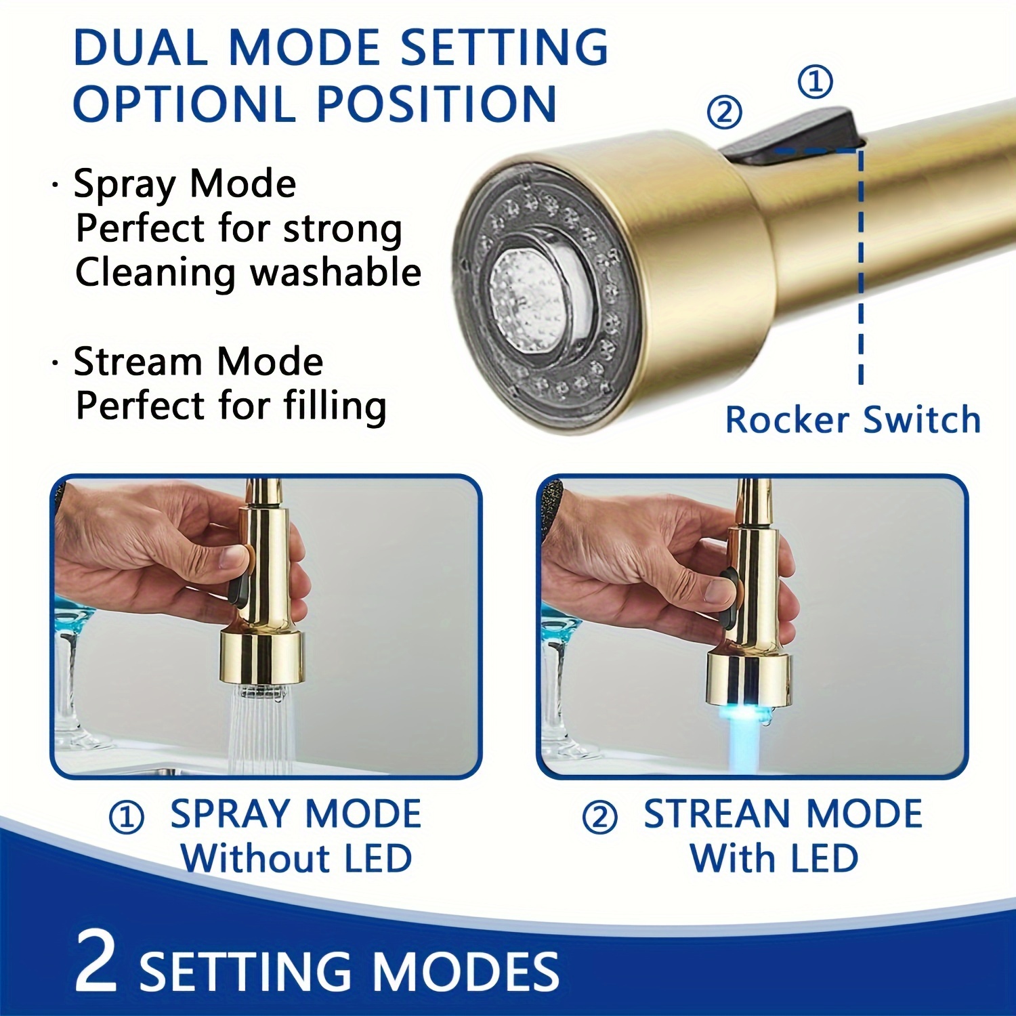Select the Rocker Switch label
click(853, 419)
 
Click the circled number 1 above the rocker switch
click(816, 82)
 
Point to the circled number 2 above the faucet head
click(724, 112)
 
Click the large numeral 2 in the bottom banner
click(96, 960)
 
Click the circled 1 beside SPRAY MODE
click(127, 817)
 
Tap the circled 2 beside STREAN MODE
click(599, 817)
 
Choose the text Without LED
click(296, 858)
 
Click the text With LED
click(774, 858)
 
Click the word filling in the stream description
click(335, 406)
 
